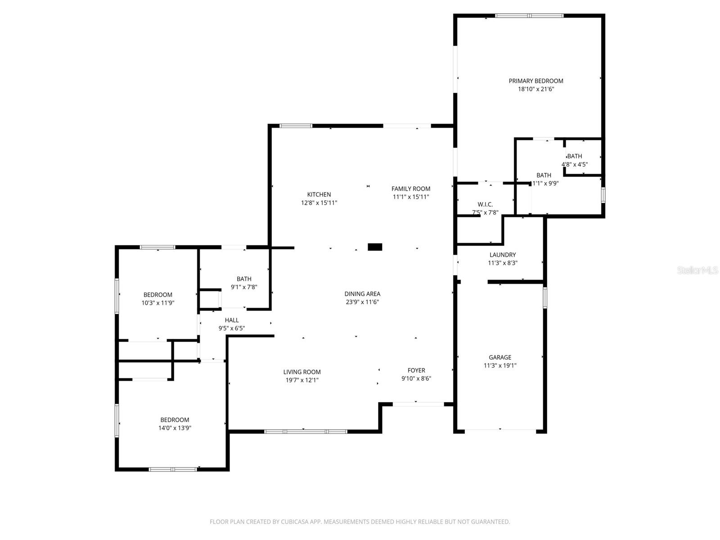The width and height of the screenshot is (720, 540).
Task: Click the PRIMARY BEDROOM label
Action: tap(535, 81)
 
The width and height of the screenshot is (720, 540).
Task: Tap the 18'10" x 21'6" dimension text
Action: tap(535, 89)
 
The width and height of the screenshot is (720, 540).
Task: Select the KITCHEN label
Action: tap(319, 194)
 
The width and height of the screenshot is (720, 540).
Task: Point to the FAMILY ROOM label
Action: tap(410, 189)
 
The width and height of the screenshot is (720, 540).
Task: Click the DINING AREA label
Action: tap(362, 294)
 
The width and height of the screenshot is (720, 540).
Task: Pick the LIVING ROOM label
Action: tap(302, 372)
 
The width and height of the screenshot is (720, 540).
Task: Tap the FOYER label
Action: tap(416, 370)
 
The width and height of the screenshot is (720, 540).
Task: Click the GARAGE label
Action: tap(500, 357)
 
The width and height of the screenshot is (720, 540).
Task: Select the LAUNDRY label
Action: tap(503, 255)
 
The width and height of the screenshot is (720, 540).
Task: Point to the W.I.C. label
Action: tap(485, 204)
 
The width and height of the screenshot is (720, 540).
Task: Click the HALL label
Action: tap(232, 320)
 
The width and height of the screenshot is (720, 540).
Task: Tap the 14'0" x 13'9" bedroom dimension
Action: tap(175, 428)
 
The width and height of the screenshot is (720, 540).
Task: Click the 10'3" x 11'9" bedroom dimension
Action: tap(157, 303)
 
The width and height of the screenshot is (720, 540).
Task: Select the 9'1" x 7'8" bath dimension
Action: tap(244, 287)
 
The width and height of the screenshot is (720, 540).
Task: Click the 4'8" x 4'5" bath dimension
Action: tap(575, 164)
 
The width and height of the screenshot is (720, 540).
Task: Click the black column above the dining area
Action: tap(375, 247)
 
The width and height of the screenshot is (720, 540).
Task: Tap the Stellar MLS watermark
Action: tap(697, 270)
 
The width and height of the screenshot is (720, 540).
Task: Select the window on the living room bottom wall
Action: tap(306, 432)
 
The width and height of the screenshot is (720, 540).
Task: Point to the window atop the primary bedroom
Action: tap(529, 16)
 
